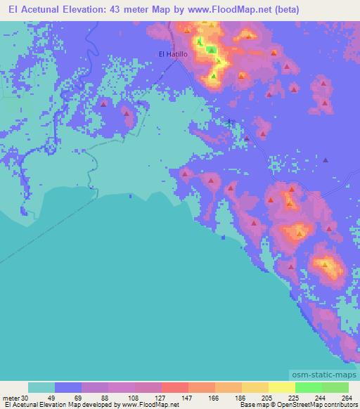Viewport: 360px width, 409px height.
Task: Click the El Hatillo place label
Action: [172, 54]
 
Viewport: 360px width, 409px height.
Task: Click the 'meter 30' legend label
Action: [15, 397]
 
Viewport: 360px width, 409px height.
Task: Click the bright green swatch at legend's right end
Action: [335, 387]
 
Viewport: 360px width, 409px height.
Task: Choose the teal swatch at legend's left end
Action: [41, 387]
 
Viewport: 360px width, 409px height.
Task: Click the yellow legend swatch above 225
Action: [281, 387]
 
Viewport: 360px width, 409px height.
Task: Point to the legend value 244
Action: [321, 397]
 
